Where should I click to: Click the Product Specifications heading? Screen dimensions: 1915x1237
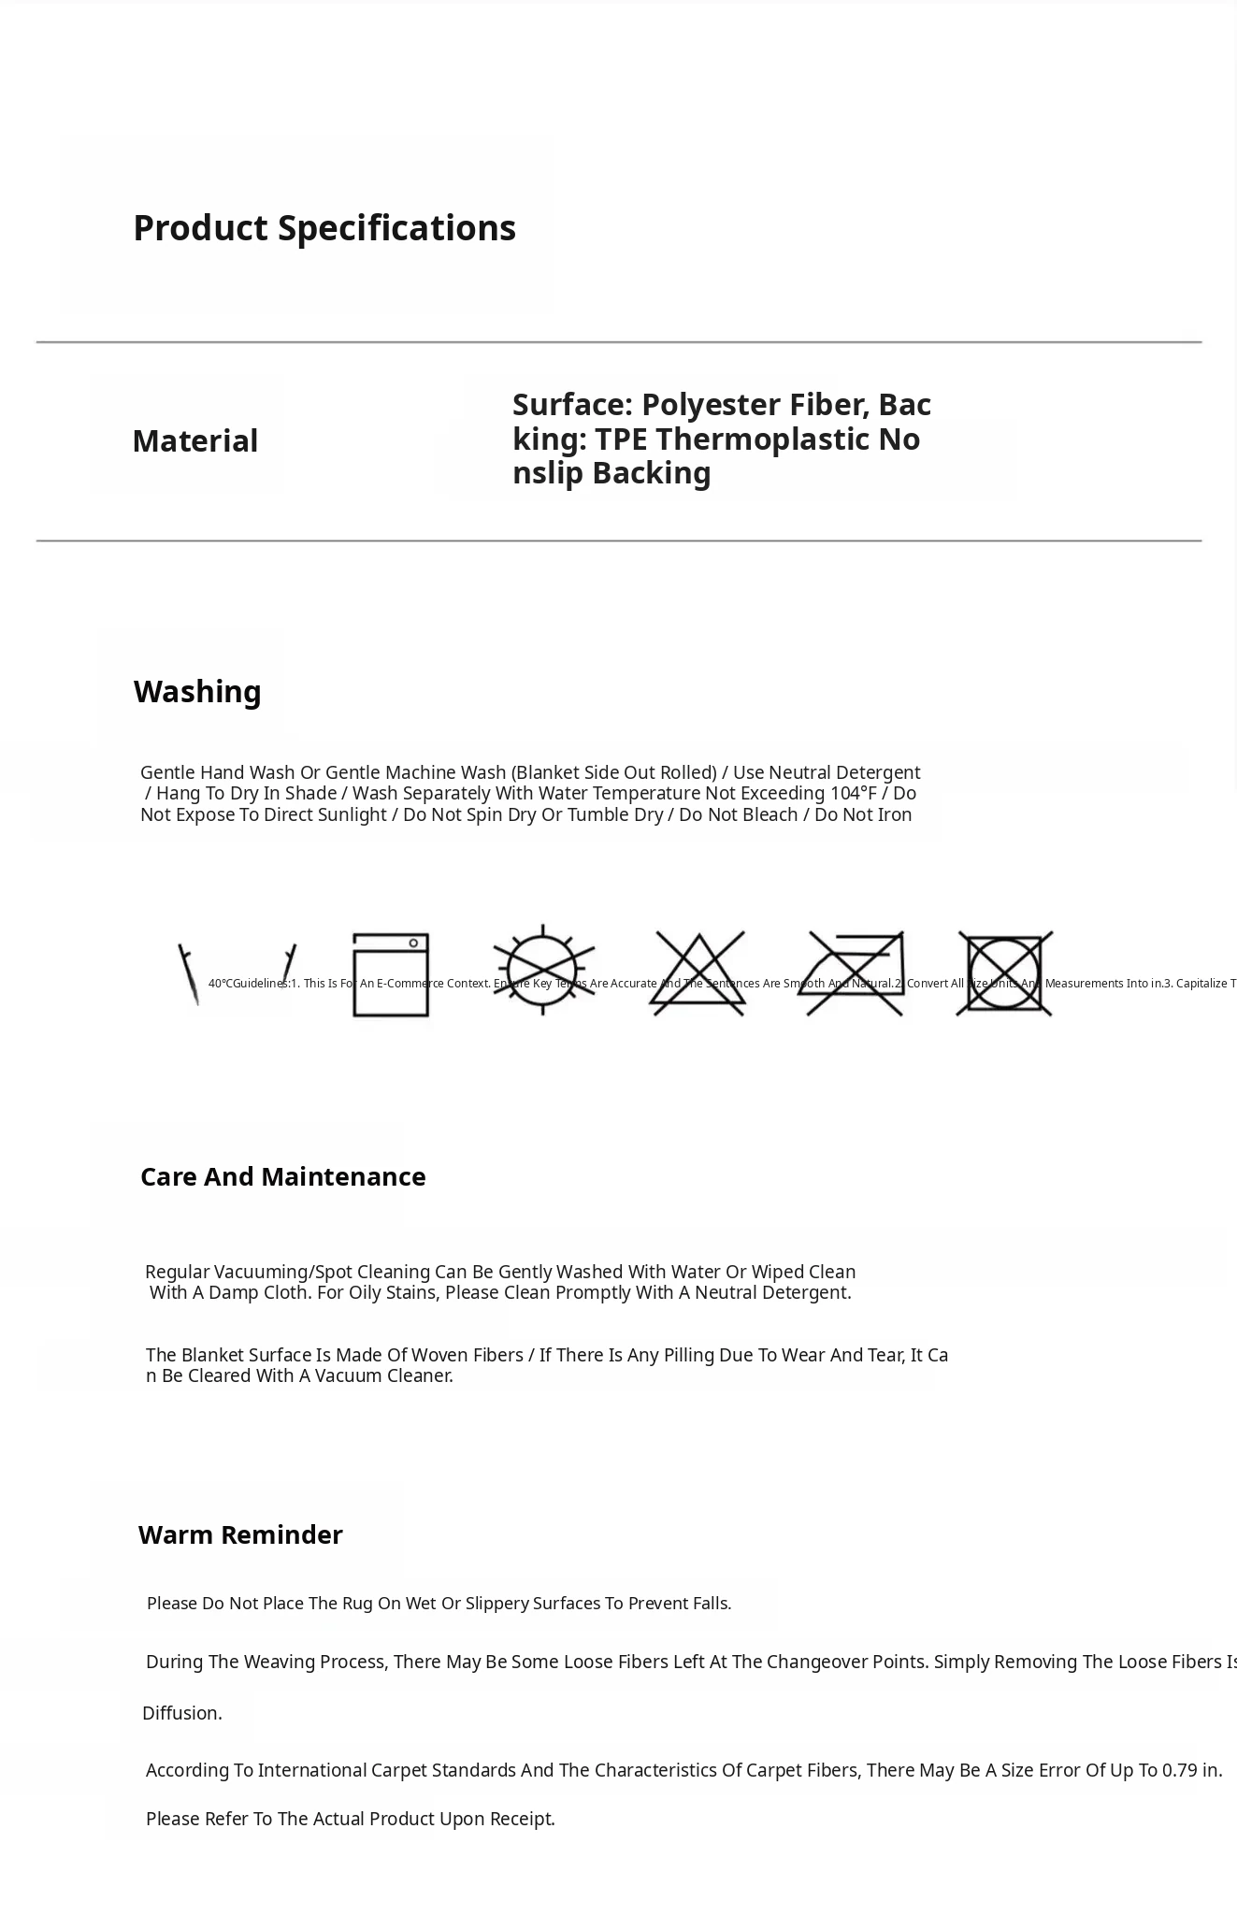[x=324, y=228]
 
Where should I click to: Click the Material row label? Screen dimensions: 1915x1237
[x=194, y=441]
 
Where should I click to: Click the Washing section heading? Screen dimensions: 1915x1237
[x=197, y=692]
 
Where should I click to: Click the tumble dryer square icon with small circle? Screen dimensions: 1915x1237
[x=391, y=974]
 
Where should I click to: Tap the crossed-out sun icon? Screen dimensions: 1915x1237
[x=543, y=970]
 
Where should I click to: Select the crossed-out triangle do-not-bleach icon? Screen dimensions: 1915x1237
[x=698, y=973]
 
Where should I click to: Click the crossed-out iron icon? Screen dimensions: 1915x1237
[x=852, y=972]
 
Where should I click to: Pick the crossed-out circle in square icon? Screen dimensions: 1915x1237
[x=1004, y=973]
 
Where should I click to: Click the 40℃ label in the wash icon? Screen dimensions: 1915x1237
[x=221, y=984]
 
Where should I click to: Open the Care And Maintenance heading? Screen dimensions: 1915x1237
[x=282, y=1176]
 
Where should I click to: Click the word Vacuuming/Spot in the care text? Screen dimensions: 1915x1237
[x=275, y=1272]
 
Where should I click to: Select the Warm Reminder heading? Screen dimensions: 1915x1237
[x=240, y=1534]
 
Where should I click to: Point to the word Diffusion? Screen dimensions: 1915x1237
[x=181, y=1713]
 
